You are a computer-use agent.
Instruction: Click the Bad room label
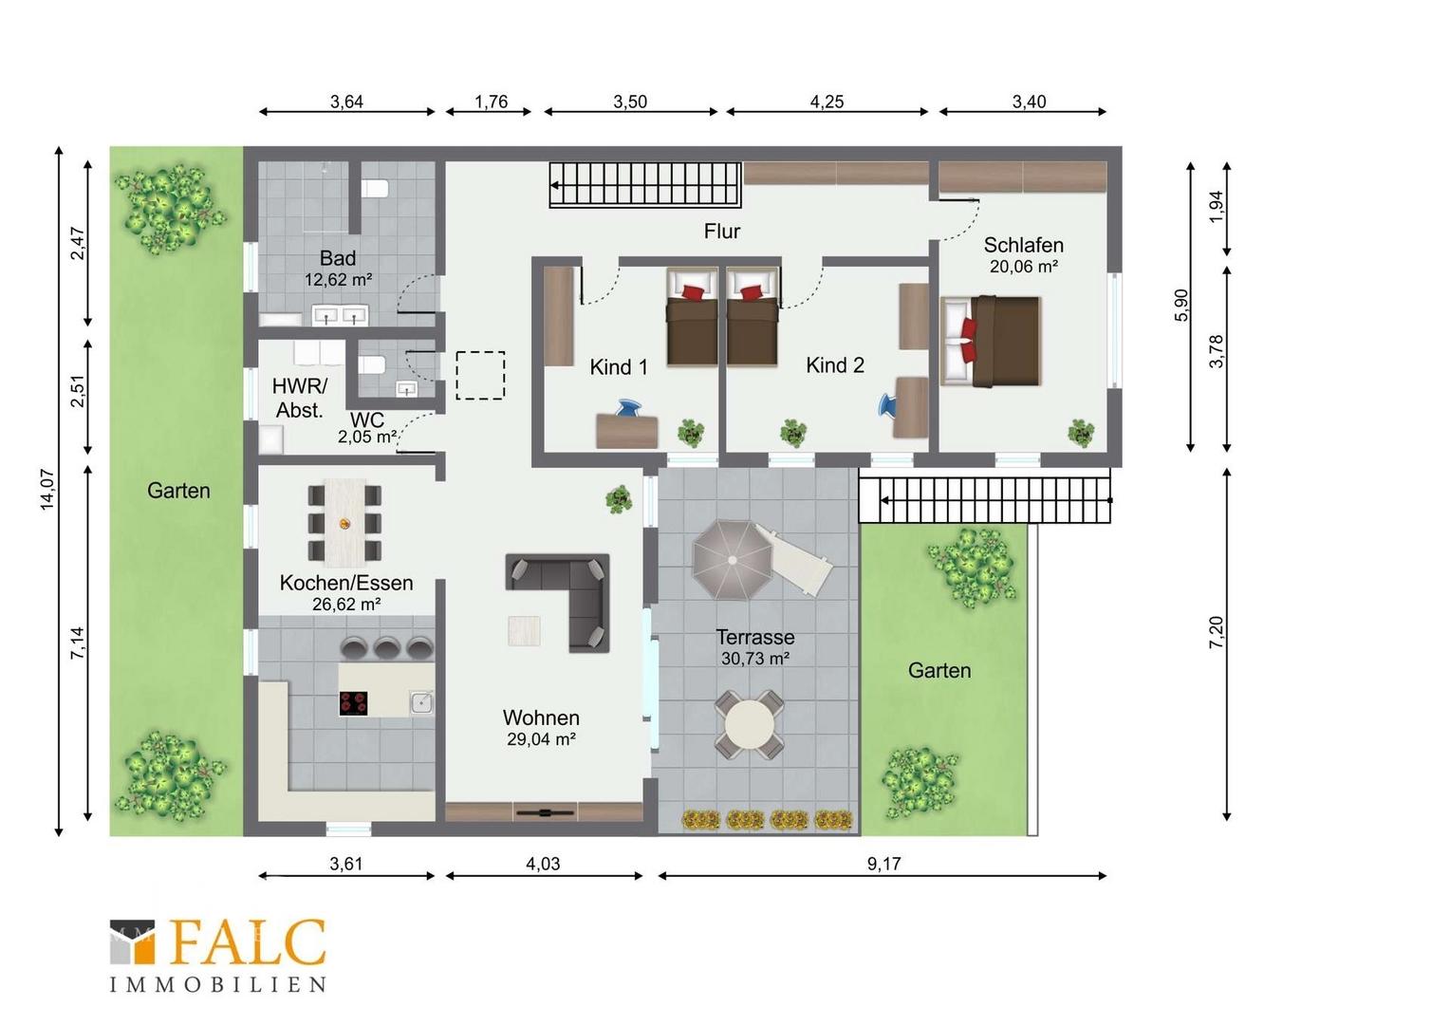337,258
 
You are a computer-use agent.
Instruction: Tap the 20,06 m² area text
1023,266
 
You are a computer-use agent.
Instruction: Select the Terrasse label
754,637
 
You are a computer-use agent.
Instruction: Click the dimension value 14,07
48,489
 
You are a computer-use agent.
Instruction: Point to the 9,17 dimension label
883,863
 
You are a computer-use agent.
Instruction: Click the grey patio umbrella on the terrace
733,560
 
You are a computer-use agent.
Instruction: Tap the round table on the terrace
749,725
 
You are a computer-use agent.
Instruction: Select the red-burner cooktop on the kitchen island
353,703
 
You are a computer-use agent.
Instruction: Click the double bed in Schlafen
991,341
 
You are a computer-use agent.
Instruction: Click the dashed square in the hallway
480,376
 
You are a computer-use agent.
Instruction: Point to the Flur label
722,232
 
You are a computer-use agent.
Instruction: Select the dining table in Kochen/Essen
345,522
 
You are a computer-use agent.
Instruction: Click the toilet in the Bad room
374,189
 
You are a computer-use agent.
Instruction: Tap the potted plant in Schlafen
1081,433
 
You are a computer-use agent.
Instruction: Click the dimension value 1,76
491,102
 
